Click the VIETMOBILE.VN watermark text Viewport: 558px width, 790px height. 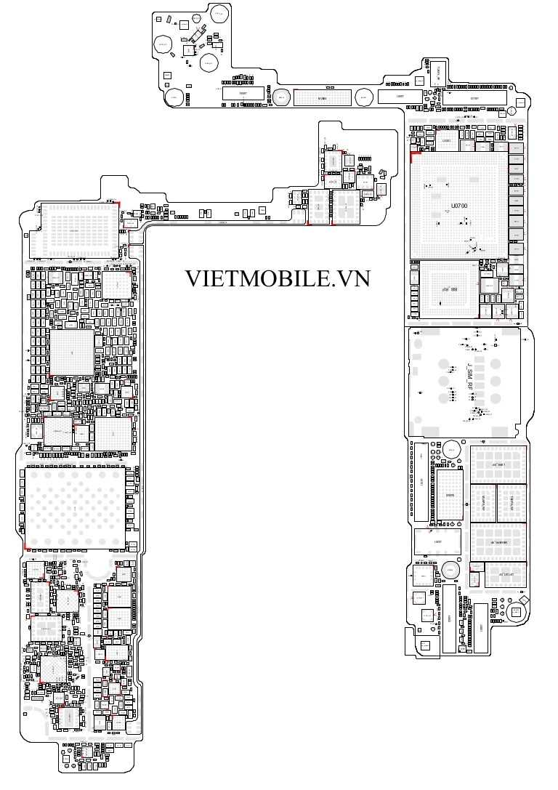click(x=277, y=278)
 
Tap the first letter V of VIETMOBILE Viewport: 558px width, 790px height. click(x=193, y=278)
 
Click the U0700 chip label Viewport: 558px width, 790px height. click(x=459, y=206)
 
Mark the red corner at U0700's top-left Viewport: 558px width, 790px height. click(x=413, y=155)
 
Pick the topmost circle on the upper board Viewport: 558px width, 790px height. click(x=219, y=12)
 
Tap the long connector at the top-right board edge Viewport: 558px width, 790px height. click(x=476, y=98)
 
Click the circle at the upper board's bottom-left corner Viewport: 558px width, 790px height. click(x=174, y=97)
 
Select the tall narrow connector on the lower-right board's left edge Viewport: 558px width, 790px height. click(x=420, y=480)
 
